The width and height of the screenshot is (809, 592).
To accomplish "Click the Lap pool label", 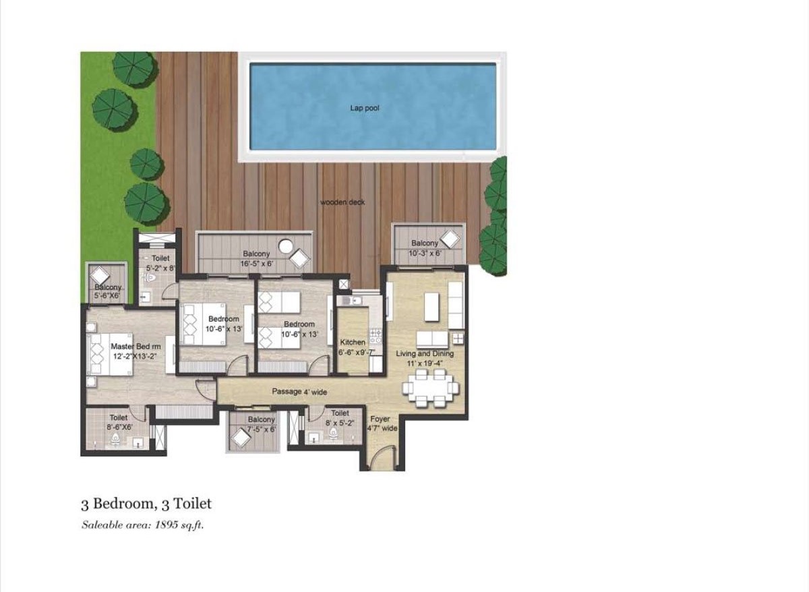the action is (x=365, y=108).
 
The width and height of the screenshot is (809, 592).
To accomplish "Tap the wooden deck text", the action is (x=342, y=202).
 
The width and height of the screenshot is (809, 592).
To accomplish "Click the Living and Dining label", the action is (x=425, y=353).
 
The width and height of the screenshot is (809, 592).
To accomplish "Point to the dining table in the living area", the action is (x=431, y=388).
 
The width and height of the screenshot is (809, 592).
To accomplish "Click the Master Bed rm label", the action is (x=136, y=346).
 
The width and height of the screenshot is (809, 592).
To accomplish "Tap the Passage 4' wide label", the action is (x=299, y=392).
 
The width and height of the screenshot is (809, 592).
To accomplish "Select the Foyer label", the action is (x=380, y=419).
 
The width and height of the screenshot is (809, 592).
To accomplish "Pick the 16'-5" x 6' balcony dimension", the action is (x=256, y=264).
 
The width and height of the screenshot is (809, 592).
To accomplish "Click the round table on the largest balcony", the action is (x=286, y=246).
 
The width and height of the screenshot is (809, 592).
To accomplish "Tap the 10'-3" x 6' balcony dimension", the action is (x=425, y=254).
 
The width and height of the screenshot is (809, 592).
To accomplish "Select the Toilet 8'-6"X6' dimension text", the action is (x=120, y=427).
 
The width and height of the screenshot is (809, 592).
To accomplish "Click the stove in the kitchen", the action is (x=375, y=336).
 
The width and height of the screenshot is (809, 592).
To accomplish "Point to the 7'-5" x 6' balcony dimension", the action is (x=261, y=430).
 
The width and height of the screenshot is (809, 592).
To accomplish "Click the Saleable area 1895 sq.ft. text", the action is (x=143, y=525).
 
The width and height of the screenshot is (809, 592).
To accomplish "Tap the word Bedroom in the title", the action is (x=122, y=504).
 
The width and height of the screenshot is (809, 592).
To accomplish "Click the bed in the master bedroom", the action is (x=111, y=355).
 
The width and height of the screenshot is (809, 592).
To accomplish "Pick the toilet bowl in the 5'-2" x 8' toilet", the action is (x=150, y=278).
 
